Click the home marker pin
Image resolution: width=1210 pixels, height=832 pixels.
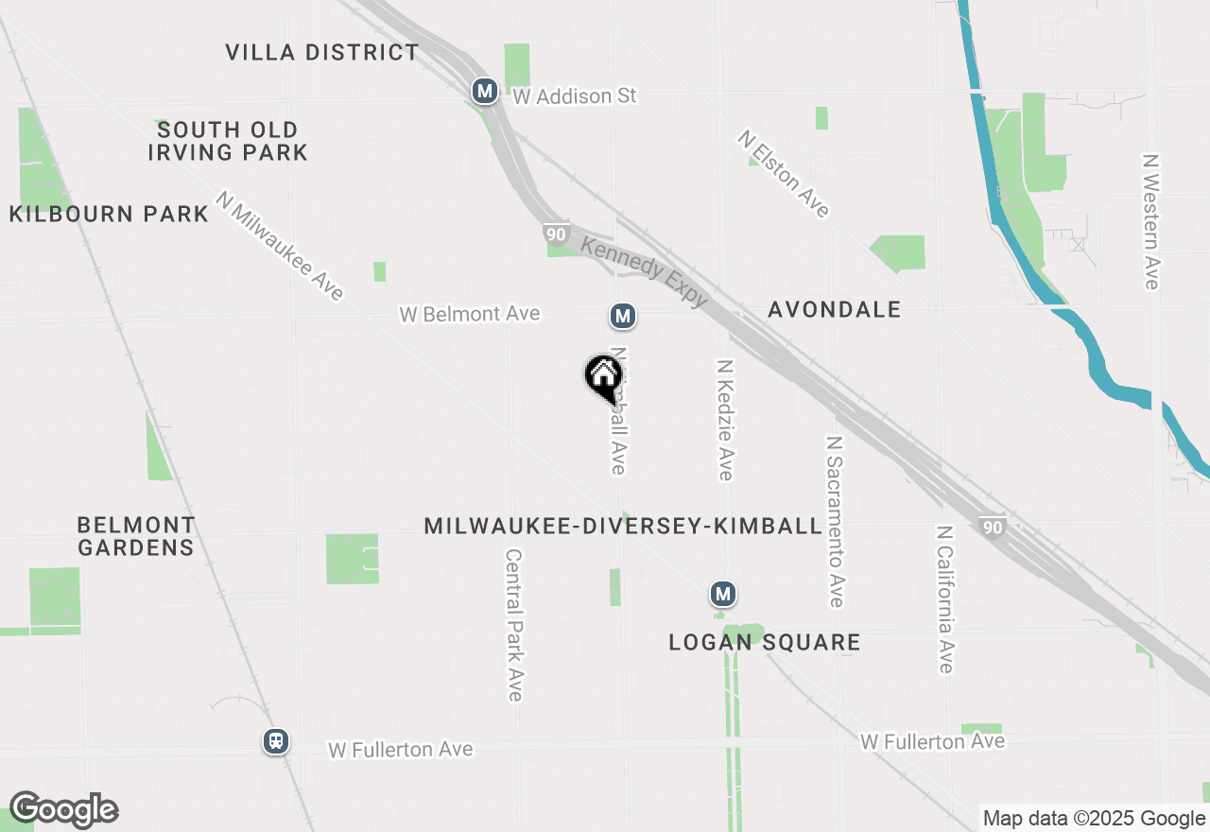click(x=603, y=377)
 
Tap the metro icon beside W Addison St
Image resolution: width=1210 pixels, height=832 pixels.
click(x=485, y=91)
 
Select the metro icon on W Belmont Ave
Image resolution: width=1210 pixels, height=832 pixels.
click(x=622, y=316)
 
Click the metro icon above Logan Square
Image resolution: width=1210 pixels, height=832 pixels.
click(x=723, y=594)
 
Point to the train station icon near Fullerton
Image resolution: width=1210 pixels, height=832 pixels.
click(x=275, y=741)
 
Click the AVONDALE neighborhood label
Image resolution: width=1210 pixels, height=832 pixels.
click(x=834, y=309)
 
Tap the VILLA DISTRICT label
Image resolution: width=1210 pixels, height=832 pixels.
click(x=321, y=52)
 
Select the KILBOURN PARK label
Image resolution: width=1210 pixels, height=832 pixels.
click(x=109, y=214)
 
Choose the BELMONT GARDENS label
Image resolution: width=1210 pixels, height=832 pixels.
click(x=136, y=535)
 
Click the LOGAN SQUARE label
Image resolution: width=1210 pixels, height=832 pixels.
click(x=765, y=642)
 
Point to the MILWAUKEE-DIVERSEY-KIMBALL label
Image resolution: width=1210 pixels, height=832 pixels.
click(x=623, y=526)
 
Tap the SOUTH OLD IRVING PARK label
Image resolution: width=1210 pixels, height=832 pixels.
click(x=228, y=141)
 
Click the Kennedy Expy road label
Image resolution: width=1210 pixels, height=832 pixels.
click(x=645, y=271)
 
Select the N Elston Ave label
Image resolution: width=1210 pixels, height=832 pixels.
click(x=785, y=174)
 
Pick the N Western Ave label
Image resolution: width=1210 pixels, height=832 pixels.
click(x=1150, y=221)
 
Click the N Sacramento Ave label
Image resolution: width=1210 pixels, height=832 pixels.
click(x=834, y=521)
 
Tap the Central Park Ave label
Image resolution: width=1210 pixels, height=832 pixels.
click(x=513, y=626)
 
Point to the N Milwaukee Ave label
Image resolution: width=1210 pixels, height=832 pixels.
click(x=280, y=246)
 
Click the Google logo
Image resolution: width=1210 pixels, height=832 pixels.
click(x=63, y=810)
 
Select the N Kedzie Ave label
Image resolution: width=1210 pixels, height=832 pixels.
click(x=725, y=419)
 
